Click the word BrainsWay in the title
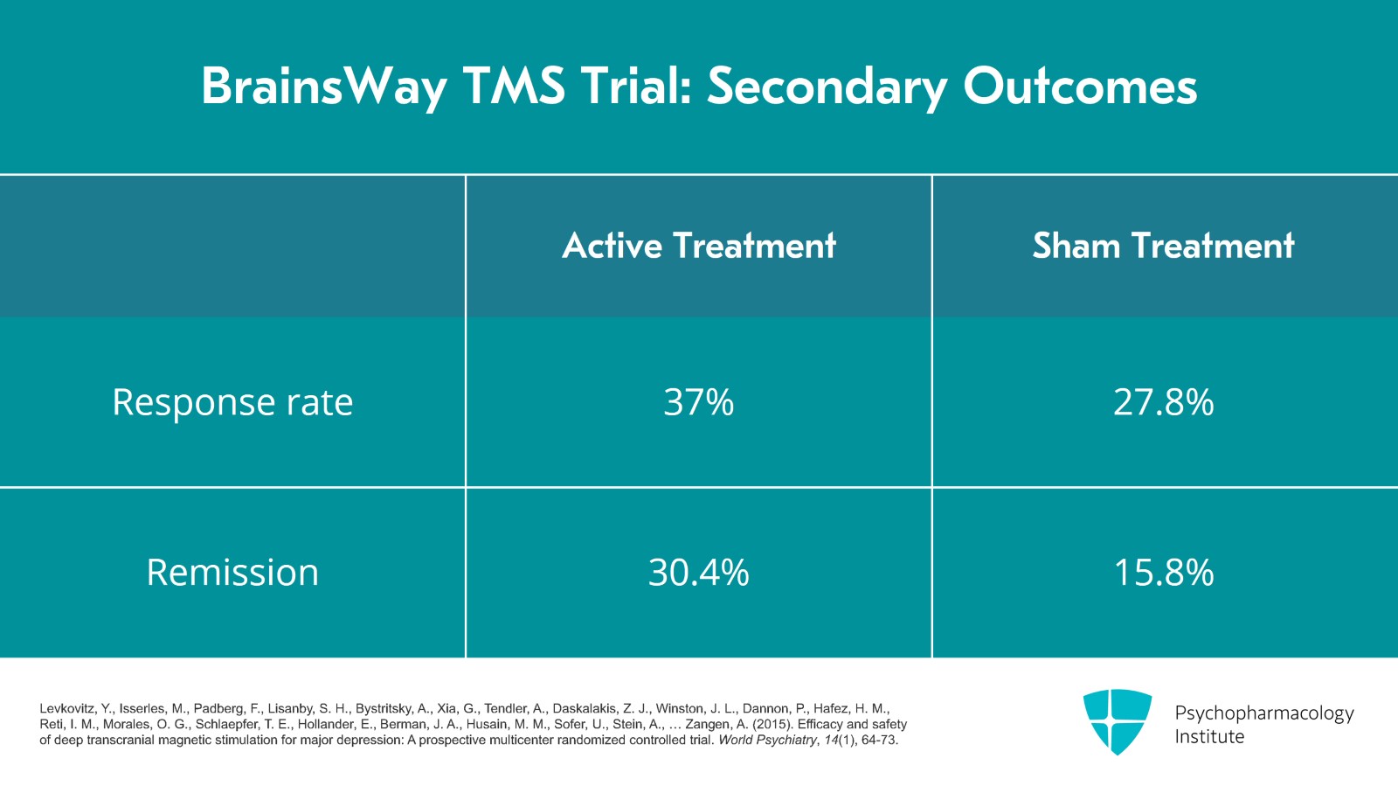[x=324, y=87]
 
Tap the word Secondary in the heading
[x=827, y=87]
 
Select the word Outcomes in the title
[x=1080, y=87]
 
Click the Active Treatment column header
[x=699, y=246]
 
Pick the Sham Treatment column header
[x=1164, y=246]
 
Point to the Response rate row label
[x=232, y=402]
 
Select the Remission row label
[x=232, y=573]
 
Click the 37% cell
[x=699, y=402]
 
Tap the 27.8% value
[x=1164, y=402]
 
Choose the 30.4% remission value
[x=699, y=573]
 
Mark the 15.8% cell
[x=1164, y=573]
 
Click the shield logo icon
[x=1118, y=721]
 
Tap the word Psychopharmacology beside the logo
[x=1263, y=713]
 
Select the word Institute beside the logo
[x=1209, y=737]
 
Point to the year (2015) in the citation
[x=775, y=725]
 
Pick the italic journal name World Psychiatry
[x=766, y=741]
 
